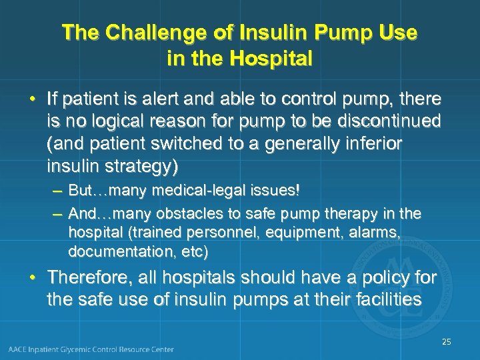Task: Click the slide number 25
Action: (446, 342)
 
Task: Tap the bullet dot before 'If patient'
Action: (32, 100)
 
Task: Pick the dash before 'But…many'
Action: (57, 191)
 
